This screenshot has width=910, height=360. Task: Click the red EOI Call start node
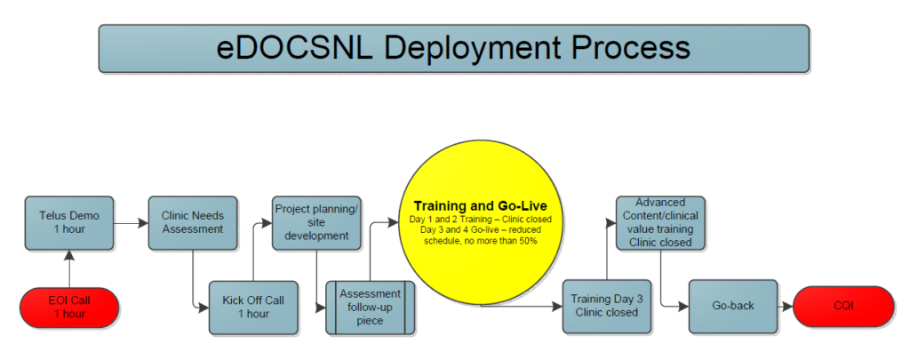pyautogui.click(x=69, y=308)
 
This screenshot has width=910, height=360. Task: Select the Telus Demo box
pyautogui.click(x=69, y=223)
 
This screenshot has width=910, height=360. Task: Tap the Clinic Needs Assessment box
pyautogui.click(x=193, y=223)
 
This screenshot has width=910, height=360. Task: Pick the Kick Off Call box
pyautogui.click(x=253, y=308)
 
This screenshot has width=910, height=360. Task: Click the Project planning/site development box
pyautogui.click(x=316, y=223)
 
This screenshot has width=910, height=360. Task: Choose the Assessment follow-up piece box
pyautogui.click(x=371, y=308)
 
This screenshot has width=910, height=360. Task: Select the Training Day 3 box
pyautogui.click(x=607, y=307)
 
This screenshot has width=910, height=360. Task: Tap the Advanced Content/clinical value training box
pyautogui.click(x=660, y=223)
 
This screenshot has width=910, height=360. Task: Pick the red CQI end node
pyautogui.click(x=843, y=307)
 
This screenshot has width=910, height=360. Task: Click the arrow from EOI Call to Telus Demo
pyautogui.click(x=69, y=268)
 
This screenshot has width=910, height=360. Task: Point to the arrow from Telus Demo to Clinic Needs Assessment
pyautogui.click(x=132, y=223)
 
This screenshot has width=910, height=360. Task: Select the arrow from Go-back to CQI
pyautogui.click(x=786, y=307)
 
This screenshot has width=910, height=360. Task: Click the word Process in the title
pyautogui.click(x=632, y=48)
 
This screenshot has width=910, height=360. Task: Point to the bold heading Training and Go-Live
pyautogui.click(x=481, y=206)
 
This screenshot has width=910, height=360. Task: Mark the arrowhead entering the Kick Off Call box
pyautogui.click(x=204, y=308)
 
